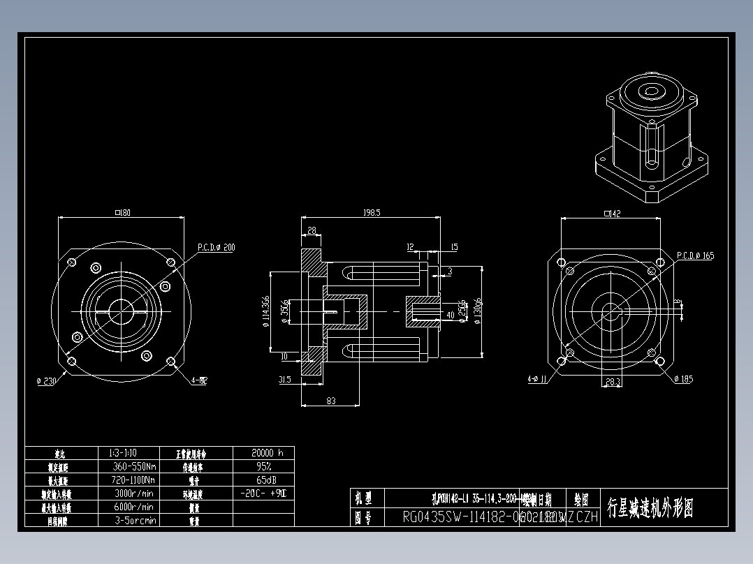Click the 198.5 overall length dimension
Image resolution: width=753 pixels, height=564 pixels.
coord(371,213)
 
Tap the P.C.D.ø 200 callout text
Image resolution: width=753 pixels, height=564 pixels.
coord(216,247)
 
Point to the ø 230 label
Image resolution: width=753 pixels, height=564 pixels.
coord(47,381)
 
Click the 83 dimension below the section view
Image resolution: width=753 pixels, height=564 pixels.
coord(330,401)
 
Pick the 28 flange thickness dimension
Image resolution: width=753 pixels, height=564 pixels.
coord(312,230)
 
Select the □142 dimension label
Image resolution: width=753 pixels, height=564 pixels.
coord(612,214)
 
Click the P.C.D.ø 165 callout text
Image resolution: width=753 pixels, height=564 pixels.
coord(695,255)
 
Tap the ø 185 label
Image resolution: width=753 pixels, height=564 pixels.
coord(684,379)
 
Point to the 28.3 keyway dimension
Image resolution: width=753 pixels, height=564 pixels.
coord(613,381)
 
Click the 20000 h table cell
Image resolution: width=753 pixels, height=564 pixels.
coord(263,452)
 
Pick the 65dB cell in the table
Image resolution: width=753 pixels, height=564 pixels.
coord(263,480)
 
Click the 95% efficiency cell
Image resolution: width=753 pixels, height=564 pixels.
coord(263,466)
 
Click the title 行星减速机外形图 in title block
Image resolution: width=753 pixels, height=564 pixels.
coord(650,507)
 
